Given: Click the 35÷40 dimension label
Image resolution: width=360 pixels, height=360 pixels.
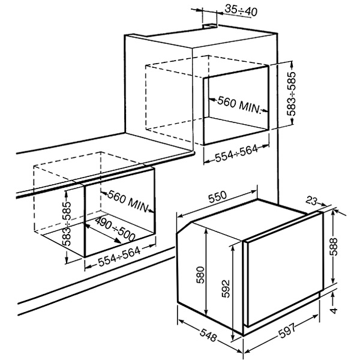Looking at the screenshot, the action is coord(241,10).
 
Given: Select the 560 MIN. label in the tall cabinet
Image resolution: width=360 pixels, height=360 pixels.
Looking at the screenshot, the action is coord(239,104).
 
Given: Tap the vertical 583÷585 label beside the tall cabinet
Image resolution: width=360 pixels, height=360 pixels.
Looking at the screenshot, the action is coord(292,94).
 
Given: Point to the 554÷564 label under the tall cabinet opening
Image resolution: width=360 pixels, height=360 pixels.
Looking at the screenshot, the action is coord(236,154).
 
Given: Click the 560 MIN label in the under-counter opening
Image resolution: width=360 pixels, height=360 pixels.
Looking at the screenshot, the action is coord(127,201).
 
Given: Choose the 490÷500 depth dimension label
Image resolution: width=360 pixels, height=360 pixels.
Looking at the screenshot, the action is coord(115,229).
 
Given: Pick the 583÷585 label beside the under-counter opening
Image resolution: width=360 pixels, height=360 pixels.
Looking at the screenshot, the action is coord(67,224).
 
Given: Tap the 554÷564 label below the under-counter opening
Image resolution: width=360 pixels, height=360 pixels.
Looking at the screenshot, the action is coord(119,257).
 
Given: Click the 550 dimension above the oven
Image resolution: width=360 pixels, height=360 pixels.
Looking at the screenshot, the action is coord(217,197).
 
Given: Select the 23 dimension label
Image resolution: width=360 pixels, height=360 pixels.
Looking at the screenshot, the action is coord(311,201).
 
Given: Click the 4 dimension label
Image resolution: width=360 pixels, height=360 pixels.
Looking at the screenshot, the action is coord(334,310).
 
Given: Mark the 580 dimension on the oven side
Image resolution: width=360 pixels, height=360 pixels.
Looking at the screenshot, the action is coord(200,275).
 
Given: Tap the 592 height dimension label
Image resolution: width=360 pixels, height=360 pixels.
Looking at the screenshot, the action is coord(226,289).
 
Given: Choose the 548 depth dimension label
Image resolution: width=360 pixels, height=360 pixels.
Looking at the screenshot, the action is coord(208,335).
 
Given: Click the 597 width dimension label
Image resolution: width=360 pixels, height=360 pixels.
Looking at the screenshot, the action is coord(287,330).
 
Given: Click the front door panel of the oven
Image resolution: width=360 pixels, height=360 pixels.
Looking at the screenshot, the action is coord(284,269).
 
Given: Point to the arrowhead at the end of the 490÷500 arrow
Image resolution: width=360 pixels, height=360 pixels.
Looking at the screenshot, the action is coord(118,241).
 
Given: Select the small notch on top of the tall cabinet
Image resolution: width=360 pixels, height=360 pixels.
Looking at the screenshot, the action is coord(209,26).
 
